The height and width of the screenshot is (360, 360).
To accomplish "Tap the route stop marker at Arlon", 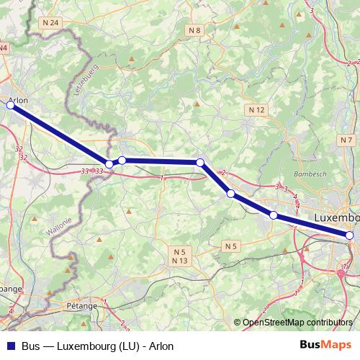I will pyautogui.click(x=10, y=105).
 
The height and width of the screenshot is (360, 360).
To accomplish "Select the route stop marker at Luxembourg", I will pyautogui.click(x=349, y=235).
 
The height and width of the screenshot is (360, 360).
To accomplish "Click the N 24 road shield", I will pyautogui.click(x=51, y=23).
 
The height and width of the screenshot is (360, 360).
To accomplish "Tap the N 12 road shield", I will pyautogui.click(x=257, y=109).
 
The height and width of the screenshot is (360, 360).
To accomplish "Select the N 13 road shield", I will pyautogui.click(x=180, y=260).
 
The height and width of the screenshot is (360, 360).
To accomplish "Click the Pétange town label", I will pyautogui.click(x=83, y=306).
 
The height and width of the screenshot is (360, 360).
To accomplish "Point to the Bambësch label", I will pyautogui.click(x=310, y=174).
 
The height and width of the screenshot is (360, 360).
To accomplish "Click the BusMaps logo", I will pyautogui.click(x=325, y=345).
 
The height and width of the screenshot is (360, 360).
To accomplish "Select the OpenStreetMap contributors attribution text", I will pyautogui.click(x=298, y=323).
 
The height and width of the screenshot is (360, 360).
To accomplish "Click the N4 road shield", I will pyautogui.click(x=4, y=48).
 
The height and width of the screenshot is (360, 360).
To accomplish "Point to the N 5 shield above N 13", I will pyautogui.click(x=180, y=251).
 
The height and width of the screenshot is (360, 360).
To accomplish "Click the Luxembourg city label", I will pyautogui.click(x=337, y=217).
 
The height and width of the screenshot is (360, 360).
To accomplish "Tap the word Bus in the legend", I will pyautogui.click(x=31, y=346).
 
